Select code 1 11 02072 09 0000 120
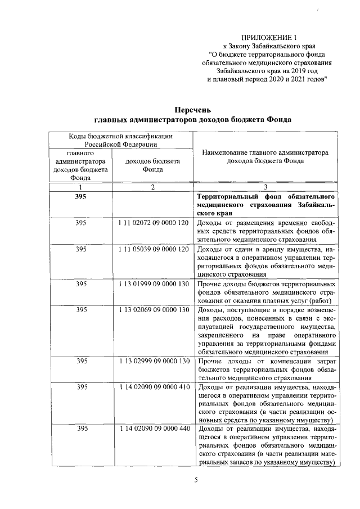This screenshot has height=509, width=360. (153, 223)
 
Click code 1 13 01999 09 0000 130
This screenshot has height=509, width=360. (153, 284)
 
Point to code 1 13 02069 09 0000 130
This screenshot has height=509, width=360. (153, 309)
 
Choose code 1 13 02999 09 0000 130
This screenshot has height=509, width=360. (153, 361)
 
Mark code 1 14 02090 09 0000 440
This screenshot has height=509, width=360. (153, 429)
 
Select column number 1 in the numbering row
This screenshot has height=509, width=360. (81, 187)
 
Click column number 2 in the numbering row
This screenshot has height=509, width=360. (152, 187)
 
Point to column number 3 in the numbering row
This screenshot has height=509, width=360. (266, 187)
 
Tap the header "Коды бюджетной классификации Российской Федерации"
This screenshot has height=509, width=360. (120, 140)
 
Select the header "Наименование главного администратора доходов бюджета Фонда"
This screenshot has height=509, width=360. (266, 156)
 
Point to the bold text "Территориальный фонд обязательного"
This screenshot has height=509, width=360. (267, 197)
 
